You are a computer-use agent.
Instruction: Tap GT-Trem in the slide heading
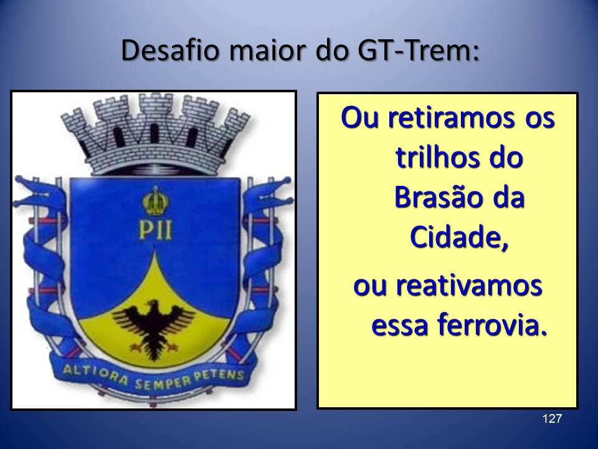418,50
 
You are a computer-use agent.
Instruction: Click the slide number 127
552,419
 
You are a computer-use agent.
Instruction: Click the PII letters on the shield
155,230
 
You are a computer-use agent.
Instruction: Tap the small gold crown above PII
156,202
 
